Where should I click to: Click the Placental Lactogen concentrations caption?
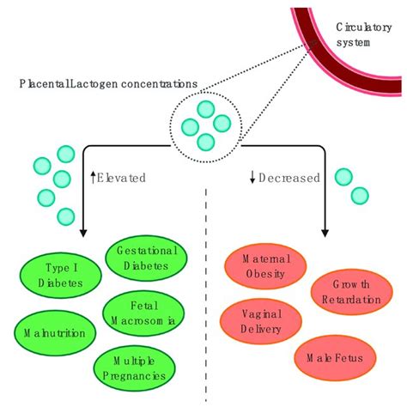[108, 85]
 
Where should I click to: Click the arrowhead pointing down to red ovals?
[325, 229]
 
